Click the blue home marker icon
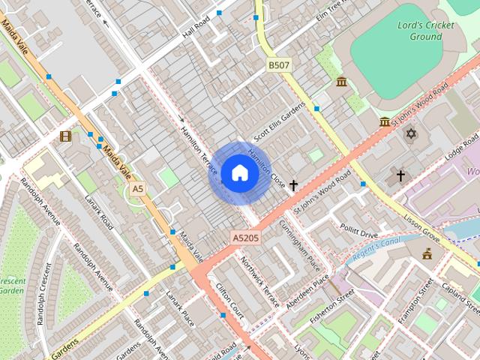[x=239, y=173]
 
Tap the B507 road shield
[x=278, y=66]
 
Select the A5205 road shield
[x=245, y=238]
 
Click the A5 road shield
[x=136, y=190]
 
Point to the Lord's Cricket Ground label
[x=425, y=31]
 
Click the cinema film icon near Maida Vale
[x=66, y=136]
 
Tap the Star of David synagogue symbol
[x=410, y=133]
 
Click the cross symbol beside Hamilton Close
[x=293, y=184]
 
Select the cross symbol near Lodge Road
[x=400, y=175]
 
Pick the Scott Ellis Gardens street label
[x=279, y=122]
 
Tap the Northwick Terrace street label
[x=259, y=281]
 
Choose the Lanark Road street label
[x=97, y=212]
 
